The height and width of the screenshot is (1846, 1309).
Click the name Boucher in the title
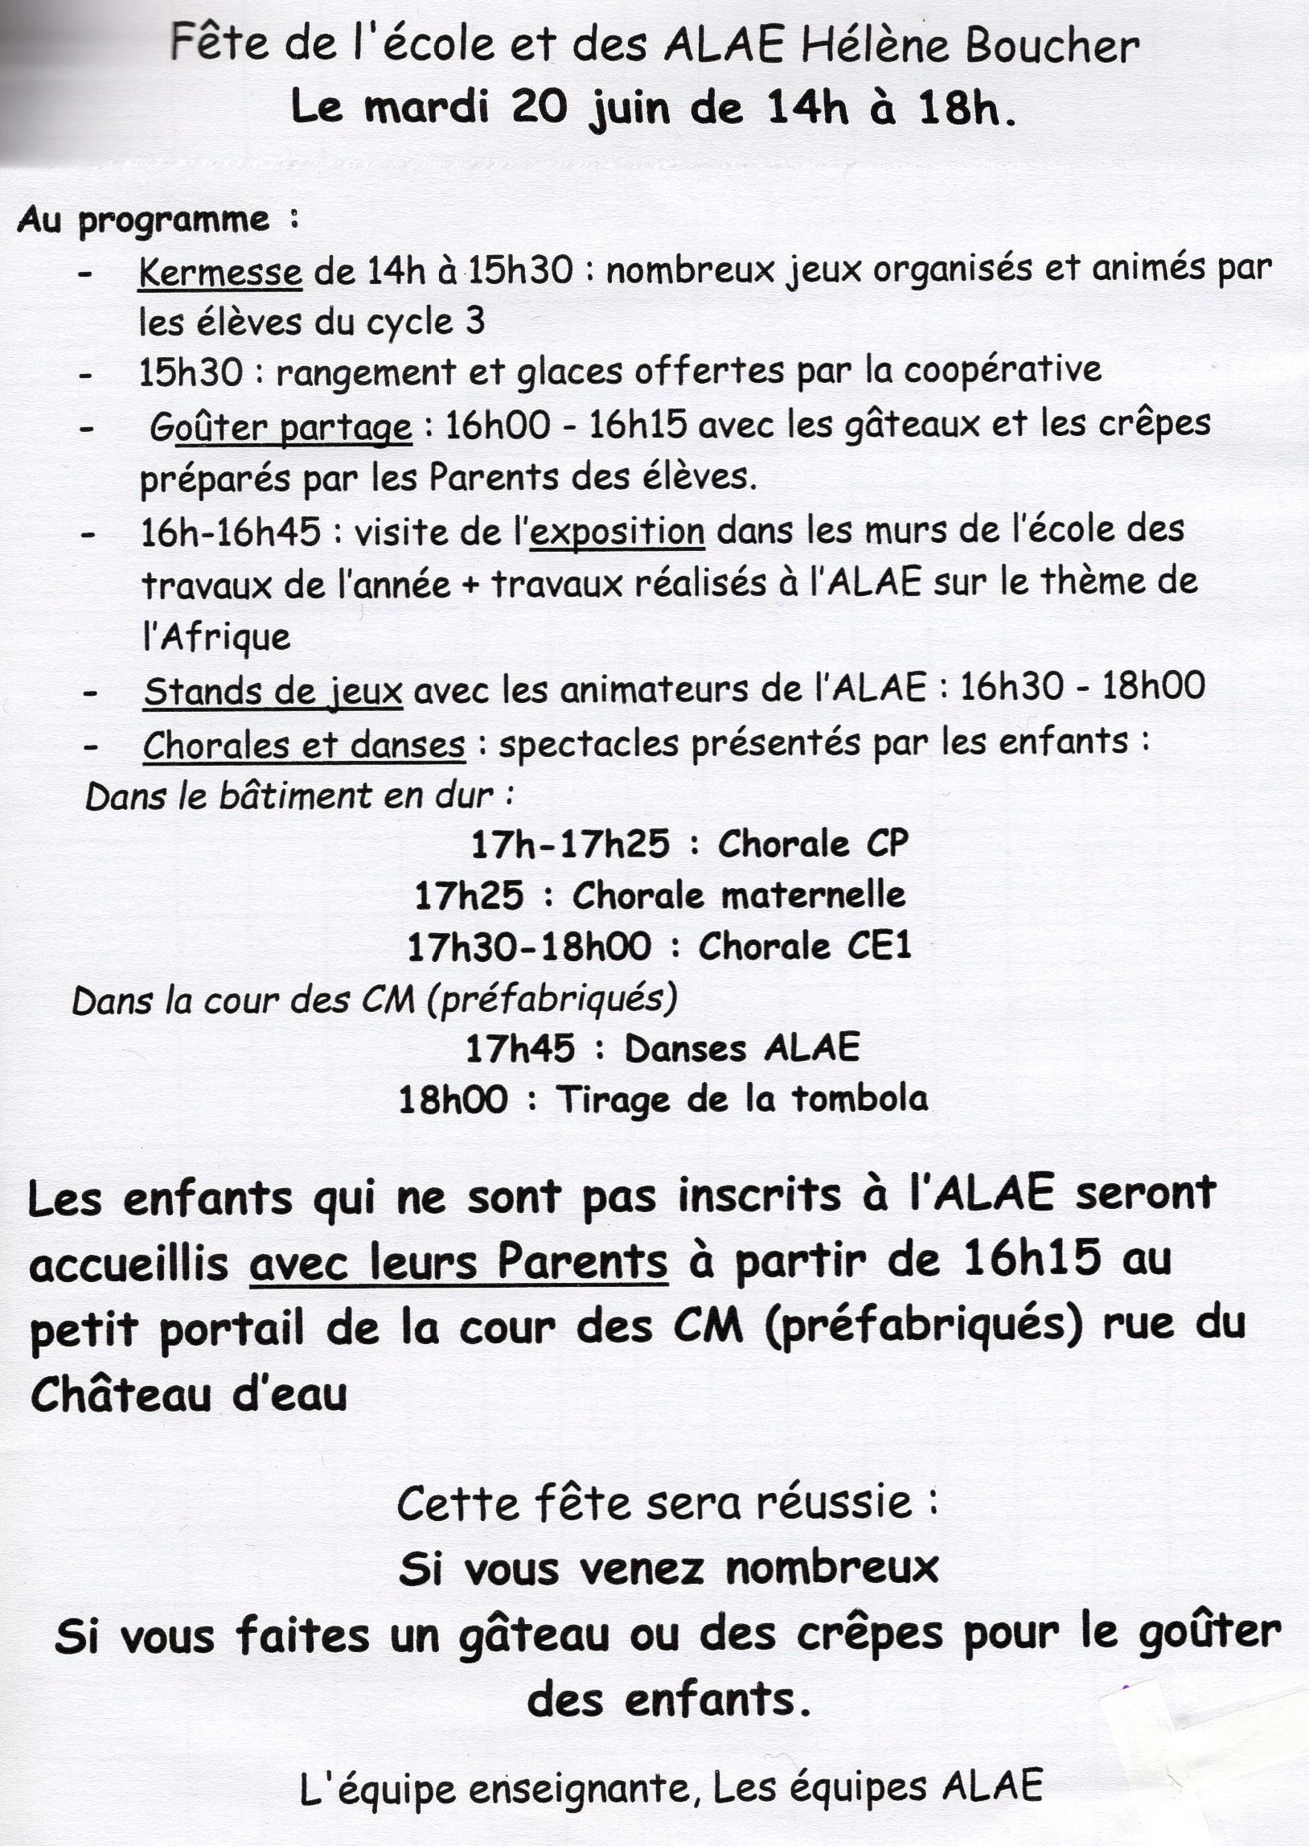coord(1052,47)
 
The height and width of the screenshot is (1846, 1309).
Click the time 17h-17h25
coord(570,844)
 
